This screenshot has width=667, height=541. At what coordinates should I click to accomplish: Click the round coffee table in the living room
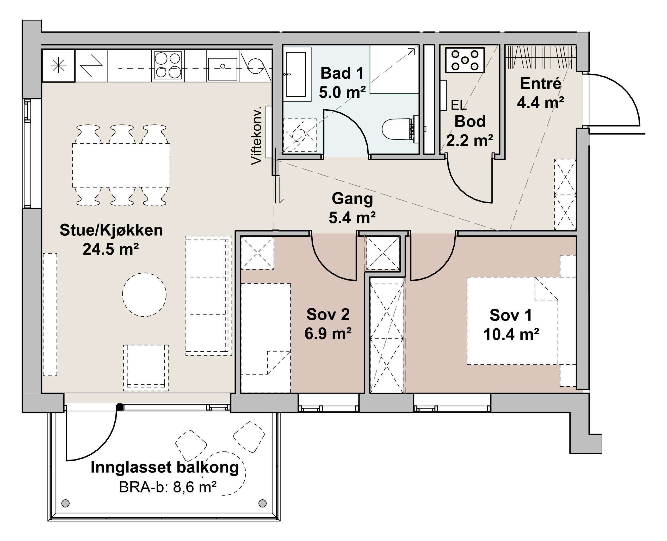(x=144, y=295)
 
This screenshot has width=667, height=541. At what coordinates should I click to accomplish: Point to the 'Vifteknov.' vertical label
(x=257, y=136)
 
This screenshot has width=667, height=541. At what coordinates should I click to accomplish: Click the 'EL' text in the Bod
(x=458, y=105)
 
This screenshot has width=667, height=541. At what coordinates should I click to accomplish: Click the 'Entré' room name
(x=541, y=83)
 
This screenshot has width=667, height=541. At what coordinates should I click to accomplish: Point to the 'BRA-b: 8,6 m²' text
(x=168, y=487)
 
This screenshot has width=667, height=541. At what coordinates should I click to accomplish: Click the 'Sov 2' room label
(x=328, y=314)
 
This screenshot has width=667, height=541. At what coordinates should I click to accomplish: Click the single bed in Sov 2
(x=266, y=338)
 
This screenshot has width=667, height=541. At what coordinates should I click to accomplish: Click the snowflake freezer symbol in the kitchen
(x=59, y=66)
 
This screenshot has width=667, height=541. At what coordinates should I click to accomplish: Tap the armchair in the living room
(x=146, y=368)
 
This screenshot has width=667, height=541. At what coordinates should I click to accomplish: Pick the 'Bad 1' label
(x=342, y=73)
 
